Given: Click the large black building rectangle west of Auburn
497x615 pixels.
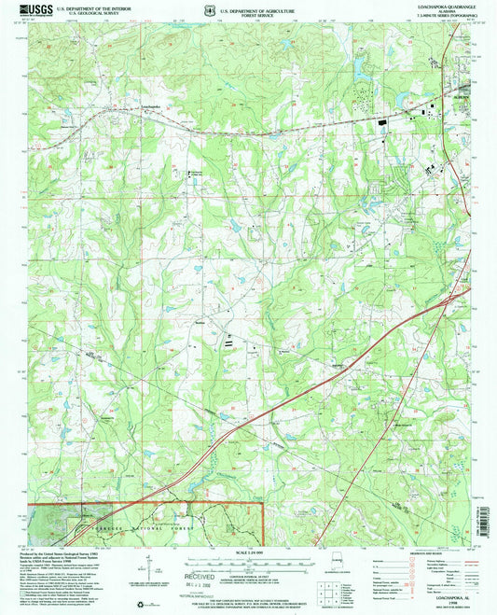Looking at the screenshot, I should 381,119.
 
